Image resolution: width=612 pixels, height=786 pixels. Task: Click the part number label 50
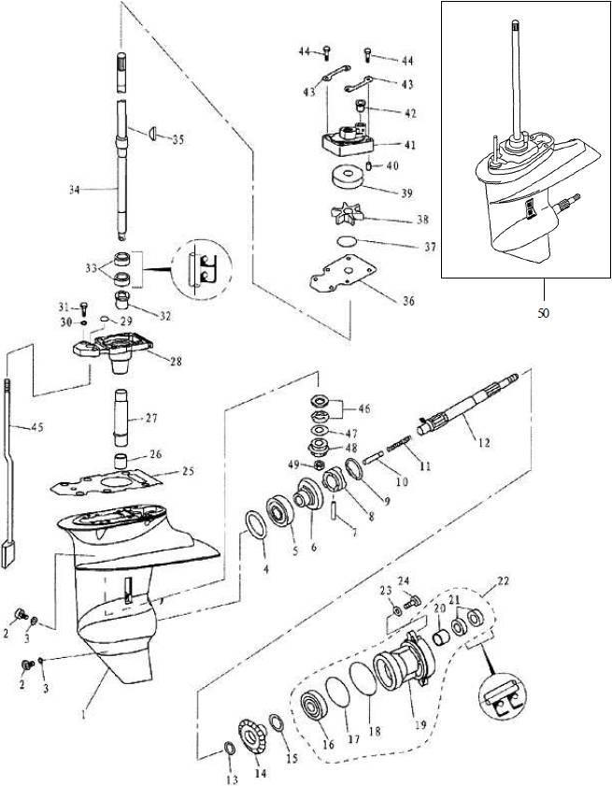(x=543, y=314)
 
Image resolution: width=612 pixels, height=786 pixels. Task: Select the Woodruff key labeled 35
(x=149, y=134)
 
